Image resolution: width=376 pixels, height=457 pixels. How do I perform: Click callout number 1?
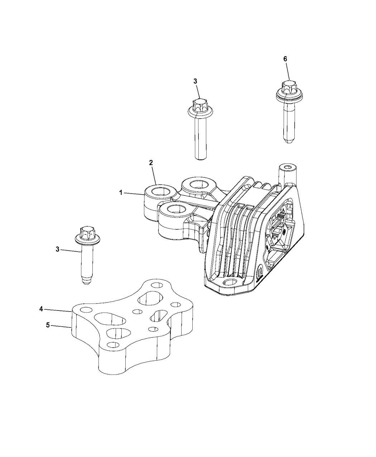121,193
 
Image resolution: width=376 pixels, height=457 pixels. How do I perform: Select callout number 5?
48,325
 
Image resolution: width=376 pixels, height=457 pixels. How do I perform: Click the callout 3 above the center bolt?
195,81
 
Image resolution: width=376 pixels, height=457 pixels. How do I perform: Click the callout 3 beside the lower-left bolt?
58,249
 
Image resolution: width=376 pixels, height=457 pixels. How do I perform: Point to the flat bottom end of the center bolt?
201,158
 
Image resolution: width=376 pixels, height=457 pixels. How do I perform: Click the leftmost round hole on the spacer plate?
86,310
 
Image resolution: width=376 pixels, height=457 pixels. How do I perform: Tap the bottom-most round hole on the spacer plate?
113,345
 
